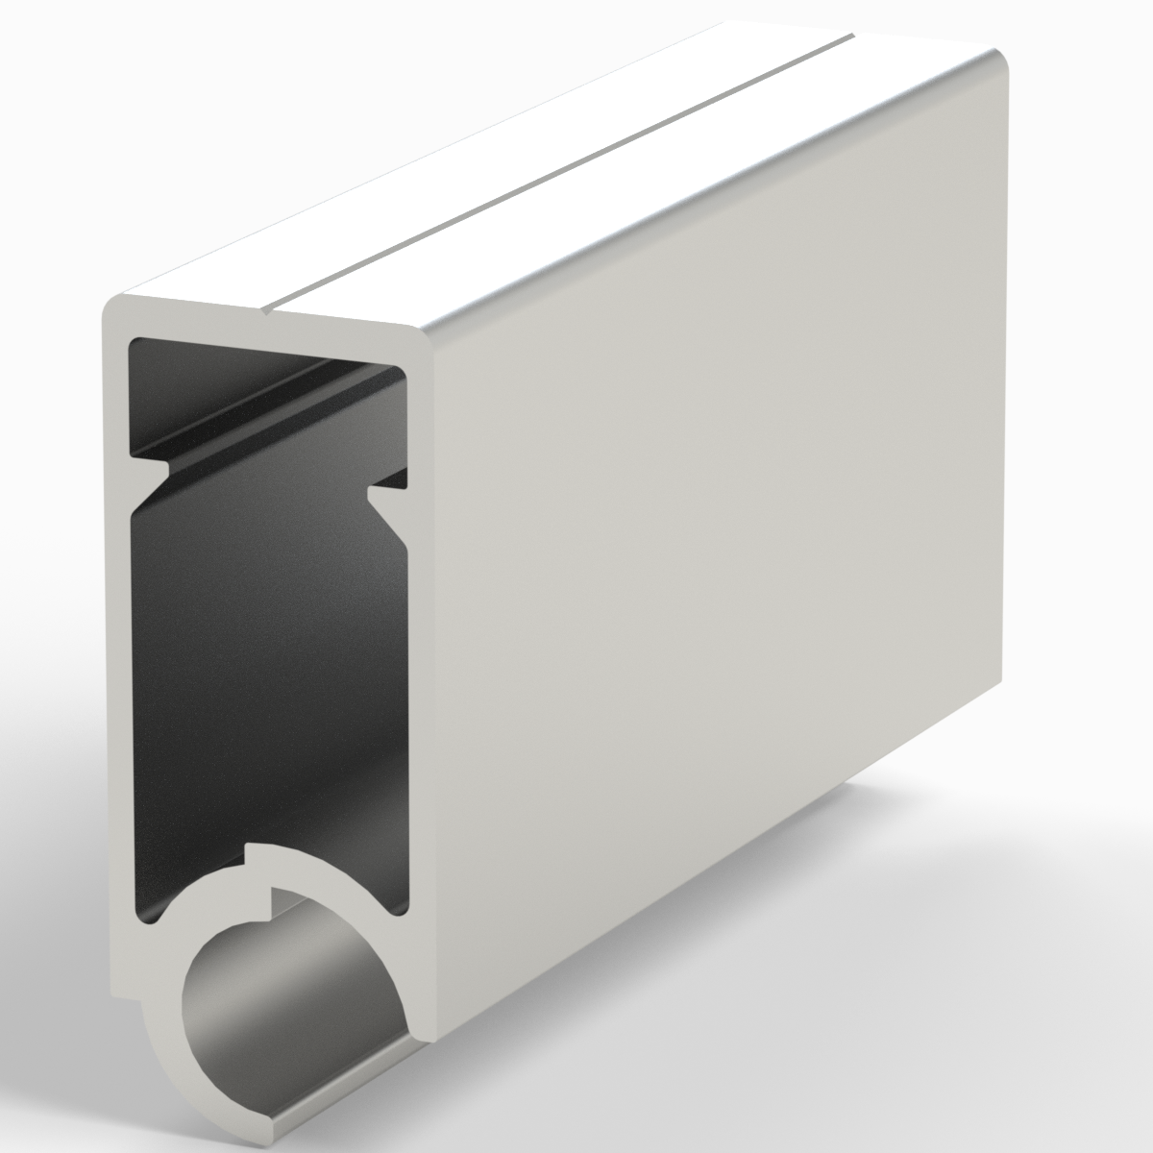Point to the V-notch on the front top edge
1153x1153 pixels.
coord(269,310)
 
